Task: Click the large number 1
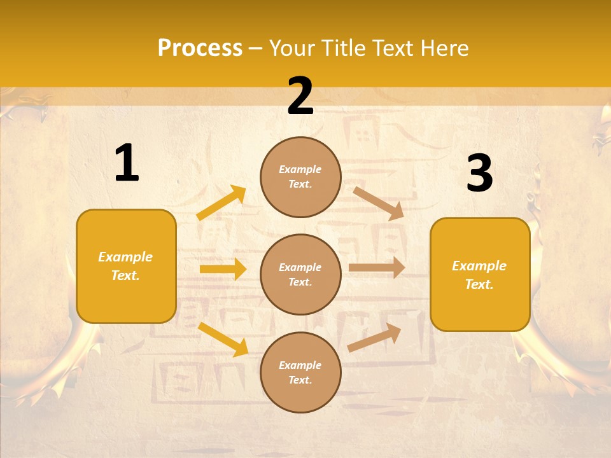point(127,163)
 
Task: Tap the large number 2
point(300,96)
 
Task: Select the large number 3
point(479,173)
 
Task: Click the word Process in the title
point(200,48)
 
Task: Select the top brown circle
point(300,177)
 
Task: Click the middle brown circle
point(300,275)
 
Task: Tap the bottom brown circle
point(300,372)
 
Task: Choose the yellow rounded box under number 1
point(126,266)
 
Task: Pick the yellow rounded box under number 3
point(480,274)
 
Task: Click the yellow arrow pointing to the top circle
point(221,202)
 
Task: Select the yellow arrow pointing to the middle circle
point(223,269)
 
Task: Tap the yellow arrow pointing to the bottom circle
point(223,338)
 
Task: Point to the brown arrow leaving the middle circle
point(377,268)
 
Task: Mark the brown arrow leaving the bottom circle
point(375,337)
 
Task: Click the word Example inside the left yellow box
point(125,257)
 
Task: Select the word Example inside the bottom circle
point(300,365)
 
